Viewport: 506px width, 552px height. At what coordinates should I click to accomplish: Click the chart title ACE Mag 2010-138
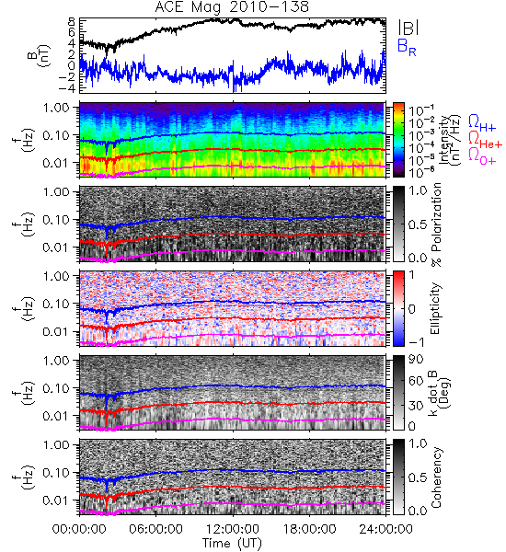pyautogui.click(x=232, y=7)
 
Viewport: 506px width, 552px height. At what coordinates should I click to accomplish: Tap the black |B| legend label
pyautogui.click(x=408, y=28)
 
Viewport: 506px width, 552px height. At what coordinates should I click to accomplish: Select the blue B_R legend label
pyautogui.click(x=407, y=47)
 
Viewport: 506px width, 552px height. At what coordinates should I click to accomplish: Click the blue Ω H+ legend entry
pyautogui.click(x=482, y=123)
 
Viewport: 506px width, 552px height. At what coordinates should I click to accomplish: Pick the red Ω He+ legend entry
pyautogui.click(x=485, y=140)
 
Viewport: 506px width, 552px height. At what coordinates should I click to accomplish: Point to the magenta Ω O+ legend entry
pyautogui.click(x=482, y=156)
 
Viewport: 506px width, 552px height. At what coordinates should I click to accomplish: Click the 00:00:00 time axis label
pyautogui.click(x=79, y=529)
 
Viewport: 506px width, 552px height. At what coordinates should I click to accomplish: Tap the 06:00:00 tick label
pyautogui.click(x=155, y=529)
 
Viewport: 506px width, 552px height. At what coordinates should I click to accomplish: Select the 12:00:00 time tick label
pyautogui.click(x=233, y=529)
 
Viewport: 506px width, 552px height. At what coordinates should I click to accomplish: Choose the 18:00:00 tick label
pyautogui.click(x=309, y=529)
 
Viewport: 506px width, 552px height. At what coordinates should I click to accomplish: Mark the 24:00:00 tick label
pyautogui.click(x=385, y=529)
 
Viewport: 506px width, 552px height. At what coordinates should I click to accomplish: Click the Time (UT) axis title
pyautogui.click(x=232, y=544)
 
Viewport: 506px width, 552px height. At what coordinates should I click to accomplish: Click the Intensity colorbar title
pyautogui.click(x=451, y=140)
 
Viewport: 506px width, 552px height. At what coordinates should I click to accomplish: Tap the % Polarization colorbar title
pyautogui.click(x=436, y=224)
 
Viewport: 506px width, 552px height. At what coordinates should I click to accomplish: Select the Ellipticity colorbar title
pyautogui.click(x=435, y=308)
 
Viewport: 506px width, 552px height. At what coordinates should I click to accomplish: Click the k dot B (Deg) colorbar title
pyautogui.click(x=439, y=393)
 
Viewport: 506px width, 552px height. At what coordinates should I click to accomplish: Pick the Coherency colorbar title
pyautogui.click(x=436, y=477)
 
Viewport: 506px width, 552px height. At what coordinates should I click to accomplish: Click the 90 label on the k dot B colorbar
pyautogui.click(x=415, y=359)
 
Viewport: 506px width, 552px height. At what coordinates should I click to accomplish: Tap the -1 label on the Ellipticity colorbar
pyautogui.click(x=416, y=342)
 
